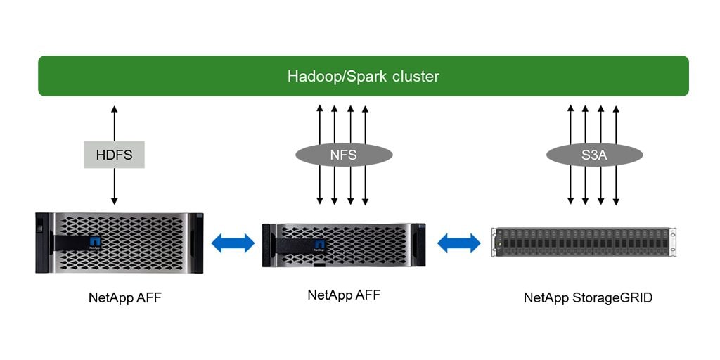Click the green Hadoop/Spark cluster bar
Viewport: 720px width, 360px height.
coord(363,76)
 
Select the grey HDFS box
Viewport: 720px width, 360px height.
coord(114,155)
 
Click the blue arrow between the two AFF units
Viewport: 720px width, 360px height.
coord(233,243)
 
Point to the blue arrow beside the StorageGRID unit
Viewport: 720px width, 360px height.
coord(458,243)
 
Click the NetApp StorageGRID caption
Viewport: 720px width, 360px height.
coord(588,297)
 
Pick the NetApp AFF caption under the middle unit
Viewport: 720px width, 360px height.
coord(344,295)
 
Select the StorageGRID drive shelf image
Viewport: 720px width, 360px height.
coord(583,242)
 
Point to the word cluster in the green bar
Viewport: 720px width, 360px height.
coord(415,76)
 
